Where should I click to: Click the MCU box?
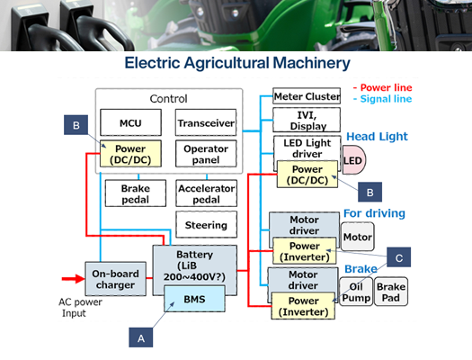(x=129, y=122)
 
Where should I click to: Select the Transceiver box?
(x=206, y=122)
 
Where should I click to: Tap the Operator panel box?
(x=206, y=154)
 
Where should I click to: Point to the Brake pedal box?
(x=129, y=193)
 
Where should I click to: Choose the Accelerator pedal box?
(x=206, y=193)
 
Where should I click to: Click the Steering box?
(x=206, y=225)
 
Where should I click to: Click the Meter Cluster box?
(x=307, y=96)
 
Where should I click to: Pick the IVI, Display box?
(x=307, y=120)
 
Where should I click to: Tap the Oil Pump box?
(x=355, y=292)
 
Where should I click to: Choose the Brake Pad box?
(x=391, y=292)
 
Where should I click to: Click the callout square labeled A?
(x=139, y=337)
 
